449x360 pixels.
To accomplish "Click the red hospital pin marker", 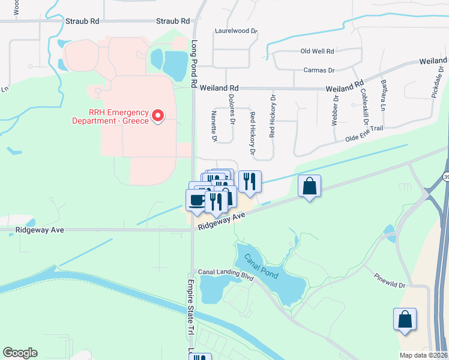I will point(158,114).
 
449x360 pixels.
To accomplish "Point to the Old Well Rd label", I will point(317,52).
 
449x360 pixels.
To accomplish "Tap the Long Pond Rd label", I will point(194,65).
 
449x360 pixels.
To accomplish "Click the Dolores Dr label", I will point(232,110).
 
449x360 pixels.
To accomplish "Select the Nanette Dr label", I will point(214,126).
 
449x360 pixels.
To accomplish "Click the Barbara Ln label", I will point(382,97).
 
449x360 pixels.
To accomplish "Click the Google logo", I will point(20,353).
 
